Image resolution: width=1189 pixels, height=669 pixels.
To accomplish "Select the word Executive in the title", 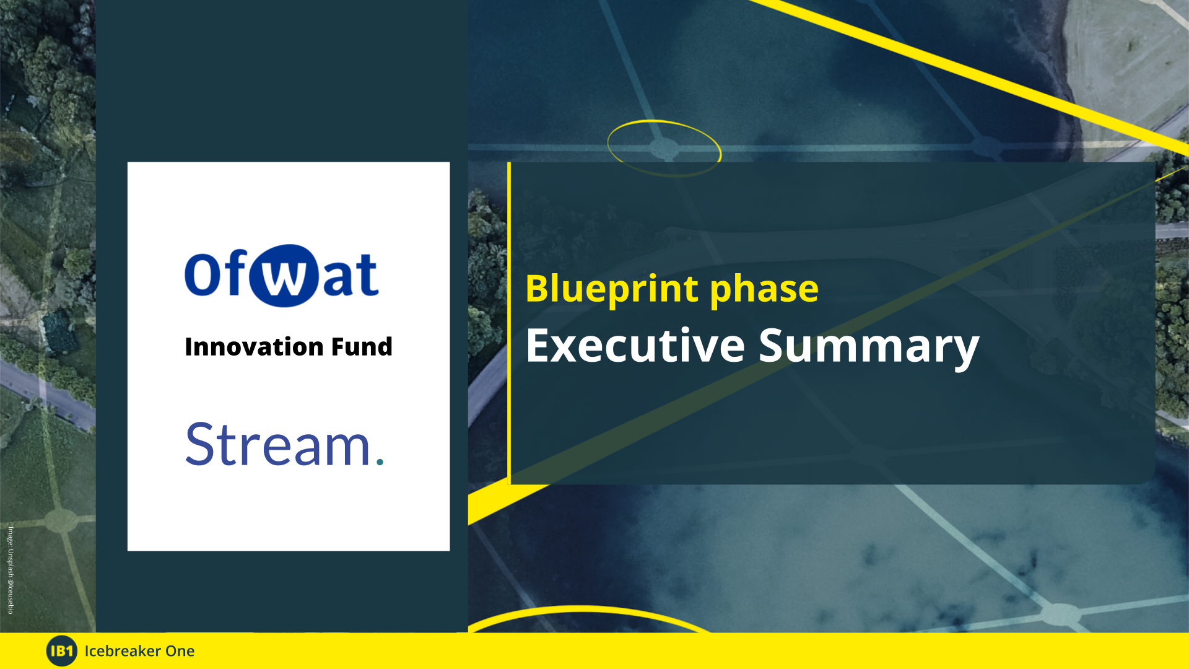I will (635, 346).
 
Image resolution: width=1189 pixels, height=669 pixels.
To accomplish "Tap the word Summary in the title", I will (868, 346).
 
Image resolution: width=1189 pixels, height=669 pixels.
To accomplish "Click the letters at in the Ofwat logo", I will (351, 275).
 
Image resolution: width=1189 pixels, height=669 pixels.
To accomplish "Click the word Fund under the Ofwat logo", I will (362, 347).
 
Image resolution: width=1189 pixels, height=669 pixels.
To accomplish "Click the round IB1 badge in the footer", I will (61, 650).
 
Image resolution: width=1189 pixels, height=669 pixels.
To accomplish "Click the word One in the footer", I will (180, 651).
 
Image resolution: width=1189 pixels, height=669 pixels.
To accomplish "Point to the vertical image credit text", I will (11, 570).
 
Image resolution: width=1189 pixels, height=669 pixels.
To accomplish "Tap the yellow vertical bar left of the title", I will (509, 322).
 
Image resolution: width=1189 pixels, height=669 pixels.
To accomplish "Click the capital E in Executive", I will (538, 346).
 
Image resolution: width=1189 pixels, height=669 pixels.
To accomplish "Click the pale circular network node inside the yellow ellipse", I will (664, 148).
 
